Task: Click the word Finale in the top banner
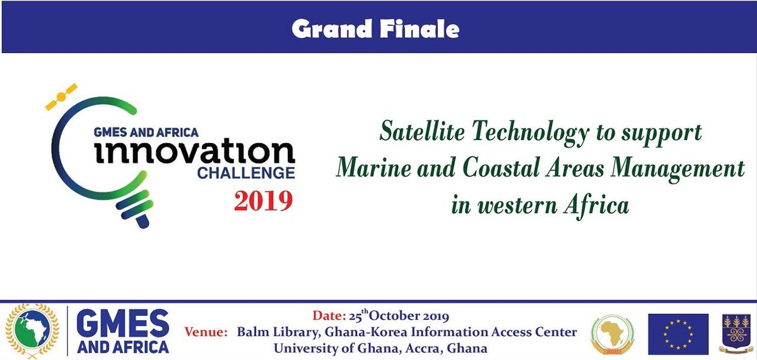pyautogui.click(x=423, y=29)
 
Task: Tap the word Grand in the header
pyautogui.click(x=335, y=29)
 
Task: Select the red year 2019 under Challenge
pyautogui.click(x=264, y=200)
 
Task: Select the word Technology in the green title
pyautogui.click(x=537, y=132)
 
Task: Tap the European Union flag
pyautogui.click(x=678, y=334)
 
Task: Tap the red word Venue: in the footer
pyautogui.click(x=206, y=332)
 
